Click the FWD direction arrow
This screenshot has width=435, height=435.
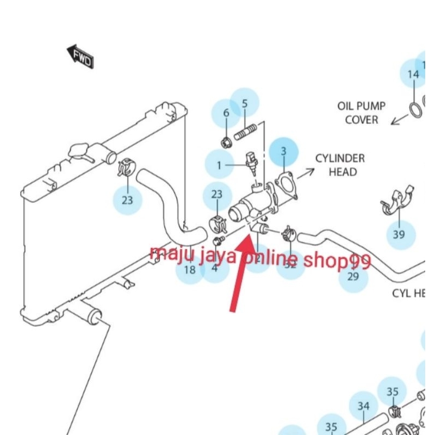(x=80, y=57)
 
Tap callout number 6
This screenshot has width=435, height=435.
(x=226, y=113)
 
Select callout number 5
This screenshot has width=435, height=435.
(x=244, y=103)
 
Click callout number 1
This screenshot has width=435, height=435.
(x=219, y=164)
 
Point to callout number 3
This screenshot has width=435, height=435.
(x=283, y=151)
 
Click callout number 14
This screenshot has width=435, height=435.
(x=413, y=74)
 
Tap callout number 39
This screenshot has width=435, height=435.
(x=399, y=234)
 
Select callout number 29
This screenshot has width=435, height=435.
(x=353, y=276)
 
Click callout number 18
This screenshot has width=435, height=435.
(x=190, y=270)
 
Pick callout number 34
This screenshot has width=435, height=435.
(x=363, y=406)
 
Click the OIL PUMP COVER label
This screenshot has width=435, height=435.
(x=362, y=113)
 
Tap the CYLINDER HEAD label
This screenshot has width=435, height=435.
(x=340, y=165)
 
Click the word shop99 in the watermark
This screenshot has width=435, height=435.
(x=337, y=262)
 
